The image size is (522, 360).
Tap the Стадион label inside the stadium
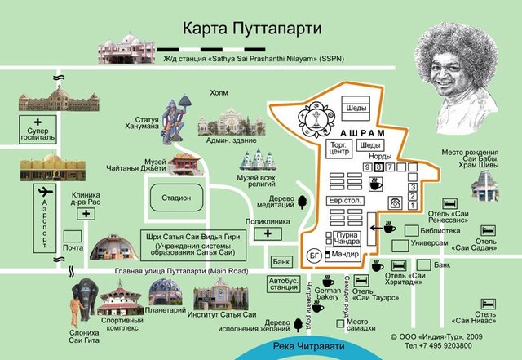click(x=175, y=198)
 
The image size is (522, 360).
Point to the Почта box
click(x=73, y=247)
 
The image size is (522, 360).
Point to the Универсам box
click(x=428, y=243)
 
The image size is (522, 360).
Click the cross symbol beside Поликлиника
click(x=268, y=234)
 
